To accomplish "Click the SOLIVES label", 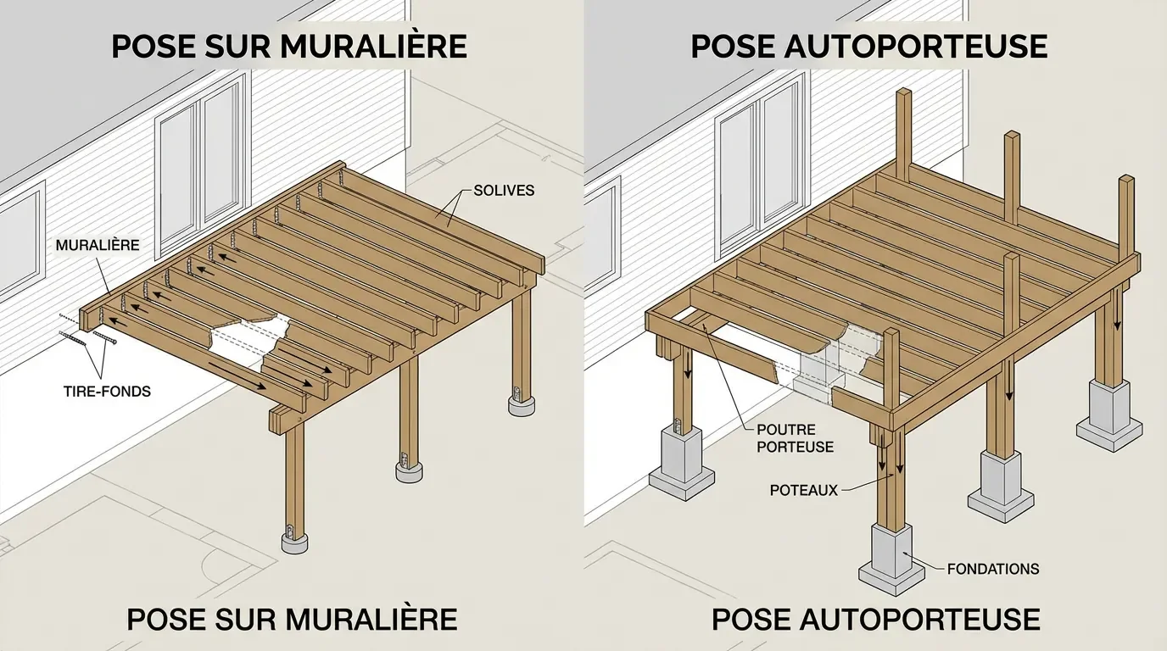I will pyautogui.click(x=504, y=190).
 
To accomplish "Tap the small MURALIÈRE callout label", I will pyautogui.click(x=98, y=245).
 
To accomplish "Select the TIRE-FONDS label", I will pyautogui.click(x=107, y=392).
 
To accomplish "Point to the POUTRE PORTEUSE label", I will pyautogui.click(x=796, y=438).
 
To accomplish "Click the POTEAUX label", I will pyautogui.click(x=803, y=490).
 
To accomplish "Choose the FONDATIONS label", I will pyautogui.click(x=993, y=569).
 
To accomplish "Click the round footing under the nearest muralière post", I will pyautogui.click(x=293, y=540).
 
